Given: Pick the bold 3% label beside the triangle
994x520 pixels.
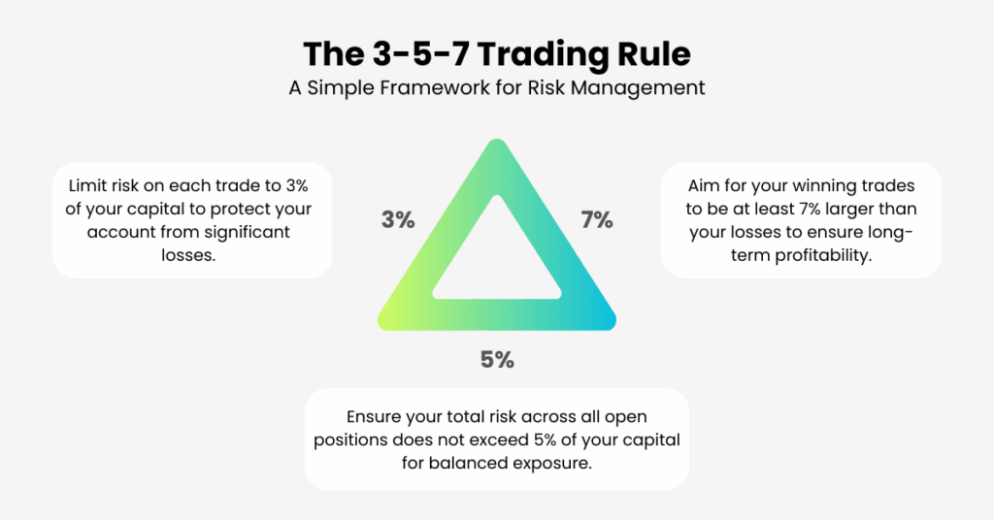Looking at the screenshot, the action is (x=398, y=220).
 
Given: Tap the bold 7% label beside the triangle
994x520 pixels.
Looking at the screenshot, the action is (x=597, y=220).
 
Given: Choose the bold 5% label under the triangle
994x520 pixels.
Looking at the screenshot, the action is (x=498, y=360).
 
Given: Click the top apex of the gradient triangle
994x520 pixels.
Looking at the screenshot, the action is (x=498, y=141).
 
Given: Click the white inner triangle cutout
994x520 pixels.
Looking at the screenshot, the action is (x=497, y=260).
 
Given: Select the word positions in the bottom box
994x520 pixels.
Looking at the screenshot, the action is (x=349, y=440).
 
